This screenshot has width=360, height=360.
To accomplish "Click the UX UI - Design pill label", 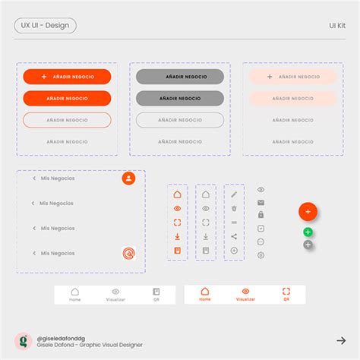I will pos(45,25).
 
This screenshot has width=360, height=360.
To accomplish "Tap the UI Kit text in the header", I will pos(337,25).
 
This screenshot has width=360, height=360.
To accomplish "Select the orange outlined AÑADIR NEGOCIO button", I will pos(67,120).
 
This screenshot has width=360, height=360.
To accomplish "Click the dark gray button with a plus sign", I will pos(180,77).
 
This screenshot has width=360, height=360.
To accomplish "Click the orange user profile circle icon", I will pos(128,178).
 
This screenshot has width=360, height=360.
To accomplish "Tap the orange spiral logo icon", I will pos(128,254).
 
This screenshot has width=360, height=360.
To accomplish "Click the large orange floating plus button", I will pos(308,212).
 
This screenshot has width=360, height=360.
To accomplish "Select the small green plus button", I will pos(308,232).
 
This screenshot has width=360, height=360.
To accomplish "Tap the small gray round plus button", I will pos(308,245).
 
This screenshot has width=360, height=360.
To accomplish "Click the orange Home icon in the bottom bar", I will pos(205,292).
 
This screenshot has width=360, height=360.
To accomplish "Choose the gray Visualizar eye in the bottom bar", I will pos(115,292).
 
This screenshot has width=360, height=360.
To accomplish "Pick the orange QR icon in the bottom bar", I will pos(286,292).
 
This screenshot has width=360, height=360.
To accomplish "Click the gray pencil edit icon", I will pos(234,194).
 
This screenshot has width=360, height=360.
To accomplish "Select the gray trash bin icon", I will pos(234,208).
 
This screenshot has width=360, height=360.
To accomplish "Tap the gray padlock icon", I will pos(261,215).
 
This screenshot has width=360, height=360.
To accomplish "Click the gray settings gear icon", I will pos(261,254).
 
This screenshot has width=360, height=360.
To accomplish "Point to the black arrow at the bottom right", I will pos(341,340).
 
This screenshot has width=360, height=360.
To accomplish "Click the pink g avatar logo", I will pos(23,341).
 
